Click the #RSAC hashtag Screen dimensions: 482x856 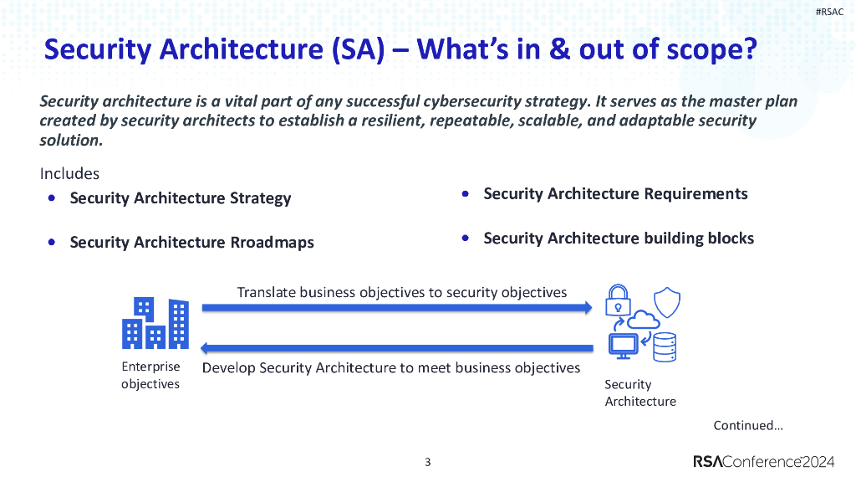829,12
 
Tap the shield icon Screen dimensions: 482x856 666,300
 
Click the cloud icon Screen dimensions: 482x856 642,320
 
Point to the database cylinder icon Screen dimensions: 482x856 665,346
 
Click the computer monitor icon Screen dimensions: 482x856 623,346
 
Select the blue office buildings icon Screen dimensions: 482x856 155,324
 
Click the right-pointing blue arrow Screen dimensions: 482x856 397,308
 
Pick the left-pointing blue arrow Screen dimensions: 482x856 397,347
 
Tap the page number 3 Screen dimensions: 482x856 428,462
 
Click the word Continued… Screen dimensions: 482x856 748,425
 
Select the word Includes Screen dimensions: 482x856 69,174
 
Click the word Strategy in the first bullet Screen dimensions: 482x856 260,198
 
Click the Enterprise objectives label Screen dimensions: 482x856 150,376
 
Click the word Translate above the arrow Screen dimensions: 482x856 267,293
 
